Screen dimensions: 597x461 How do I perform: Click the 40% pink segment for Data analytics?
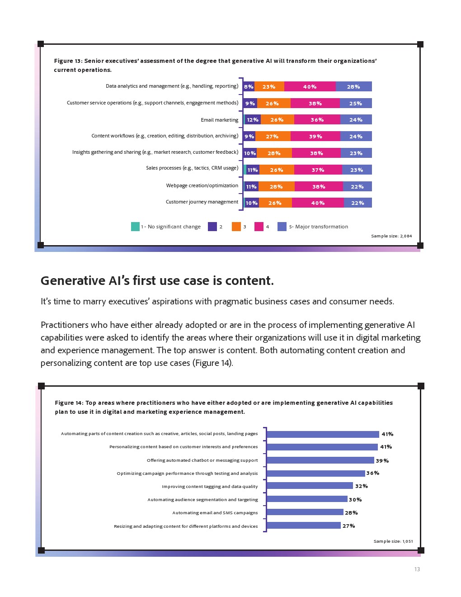pos(310,86)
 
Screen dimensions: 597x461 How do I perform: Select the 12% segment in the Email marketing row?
pos(252,120)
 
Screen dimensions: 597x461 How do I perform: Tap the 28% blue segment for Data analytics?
pos(353,86)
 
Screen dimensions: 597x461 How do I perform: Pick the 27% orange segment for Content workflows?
pos(273,136)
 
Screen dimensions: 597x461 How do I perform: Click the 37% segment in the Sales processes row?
pos(318,170)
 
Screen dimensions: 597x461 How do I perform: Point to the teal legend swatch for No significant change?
pos(135,227)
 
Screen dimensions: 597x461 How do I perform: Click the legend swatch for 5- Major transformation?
pos(282,227)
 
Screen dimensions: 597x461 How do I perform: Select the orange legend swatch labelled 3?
pos(236,227)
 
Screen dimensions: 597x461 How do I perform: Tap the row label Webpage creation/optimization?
pos(202,185)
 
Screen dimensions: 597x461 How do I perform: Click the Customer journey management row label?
pos(202,202)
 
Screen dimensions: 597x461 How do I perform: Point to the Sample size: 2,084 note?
pos(391,236)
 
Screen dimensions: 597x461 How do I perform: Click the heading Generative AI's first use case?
pos(157,281)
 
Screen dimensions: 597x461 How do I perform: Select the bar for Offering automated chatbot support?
pos(320,460)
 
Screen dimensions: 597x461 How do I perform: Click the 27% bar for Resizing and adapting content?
pos(303,526)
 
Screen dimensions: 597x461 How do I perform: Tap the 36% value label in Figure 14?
pos(373,473)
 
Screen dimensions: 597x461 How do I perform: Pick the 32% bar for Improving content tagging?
pos(310,486)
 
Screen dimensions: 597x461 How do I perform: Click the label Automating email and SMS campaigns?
pos(215,513)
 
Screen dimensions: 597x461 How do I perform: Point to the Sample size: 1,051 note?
pos(393,541)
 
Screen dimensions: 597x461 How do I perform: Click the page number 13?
pos(417,569)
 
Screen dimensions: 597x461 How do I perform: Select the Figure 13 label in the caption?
pos(68,61)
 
